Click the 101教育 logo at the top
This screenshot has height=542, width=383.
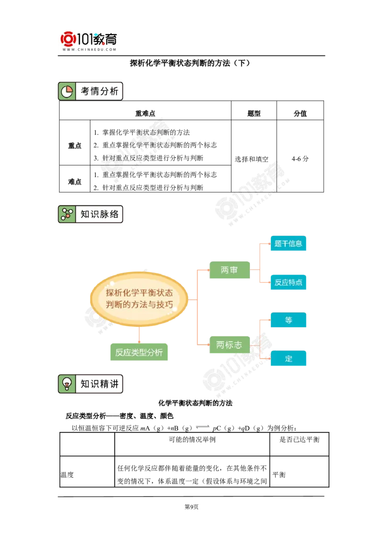coord(90,38)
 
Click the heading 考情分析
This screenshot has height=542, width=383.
coord(99,91)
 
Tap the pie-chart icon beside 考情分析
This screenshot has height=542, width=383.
coord(67,91)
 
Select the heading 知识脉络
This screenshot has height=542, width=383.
coord(99,214)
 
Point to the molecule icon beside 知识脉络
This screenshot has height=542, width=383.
coord(67,214)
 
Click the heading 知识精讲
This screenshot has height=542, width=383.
coord(99,384)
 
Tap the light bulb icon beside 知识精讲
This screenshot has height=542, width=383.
coord(67,384)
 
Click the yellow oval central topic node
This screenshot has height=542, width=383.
coord(139,299)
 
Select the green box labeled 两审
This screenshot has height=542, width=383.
coord(229,270)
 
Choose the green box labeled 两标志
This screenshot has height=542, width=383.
coord(229,345)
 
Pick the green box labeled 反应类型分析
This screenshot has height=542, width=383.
coord(139,353)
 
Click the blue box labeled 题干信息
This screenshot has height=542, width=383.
coord(288,243)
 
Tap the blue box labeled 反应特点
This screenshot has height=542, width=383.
coord(288,282)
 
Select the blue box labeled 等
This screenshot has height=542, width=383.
coord(288,320)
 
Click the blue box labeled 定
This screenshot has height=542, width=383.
coord(288,358)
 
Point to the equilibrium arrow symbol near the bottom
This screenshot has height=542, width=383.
coord(203,426)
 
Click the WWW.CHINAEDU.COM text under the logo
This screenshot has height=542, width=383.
coord(90,49)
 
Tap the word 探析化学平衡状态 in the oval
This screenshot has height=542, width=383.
coord(139,293)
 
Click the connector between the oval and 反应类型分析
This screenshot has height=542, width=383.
coord(139,335)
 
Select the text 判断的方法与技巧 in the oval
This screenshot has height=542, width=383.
coord(139,305)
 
